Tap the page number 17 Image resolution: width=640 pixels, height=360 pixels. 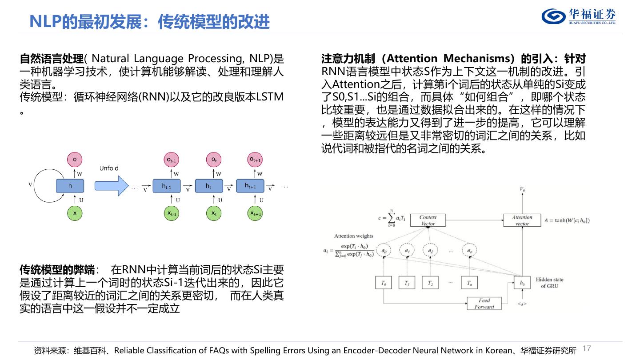(x=587, y=348)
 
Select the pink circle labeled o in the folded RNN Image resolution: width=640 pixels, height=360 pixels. (x=75, y=159)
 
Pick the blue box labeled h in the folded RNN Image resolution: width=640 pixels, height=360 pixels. (x=70, y=186)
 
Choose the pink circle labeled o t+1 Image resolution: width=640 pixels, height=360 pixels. (x=255, y=159)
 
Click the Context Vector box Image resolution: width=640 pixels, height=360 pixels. (x=428, y=220)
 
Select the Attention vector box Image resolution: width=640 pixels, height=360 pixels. (x=522, y=220)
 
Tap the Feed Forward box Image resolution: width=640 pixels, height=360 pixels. (x=484, y=304)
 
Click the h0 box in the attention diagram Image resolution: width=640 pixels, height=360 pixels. (x=522, y=283)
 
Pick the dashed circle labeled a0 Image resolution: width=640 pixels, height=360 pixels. (x=384, y=251)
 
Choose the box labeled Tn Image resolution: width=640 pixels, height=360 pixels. (x=469, y=283)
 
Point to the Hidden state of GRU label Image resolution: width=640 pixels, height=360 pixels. (x=549, y=283)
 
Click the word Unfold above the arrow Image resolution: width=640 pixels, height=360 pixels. (x=109, y=168)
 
